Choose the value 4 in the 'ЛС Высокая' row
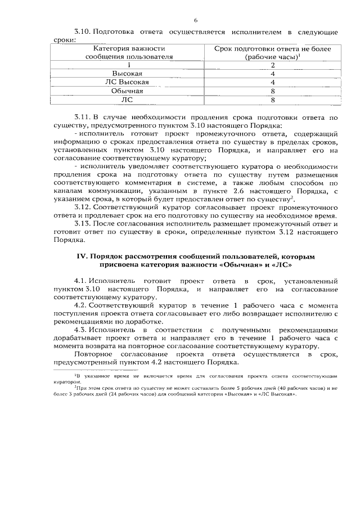tap(272, 82)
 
